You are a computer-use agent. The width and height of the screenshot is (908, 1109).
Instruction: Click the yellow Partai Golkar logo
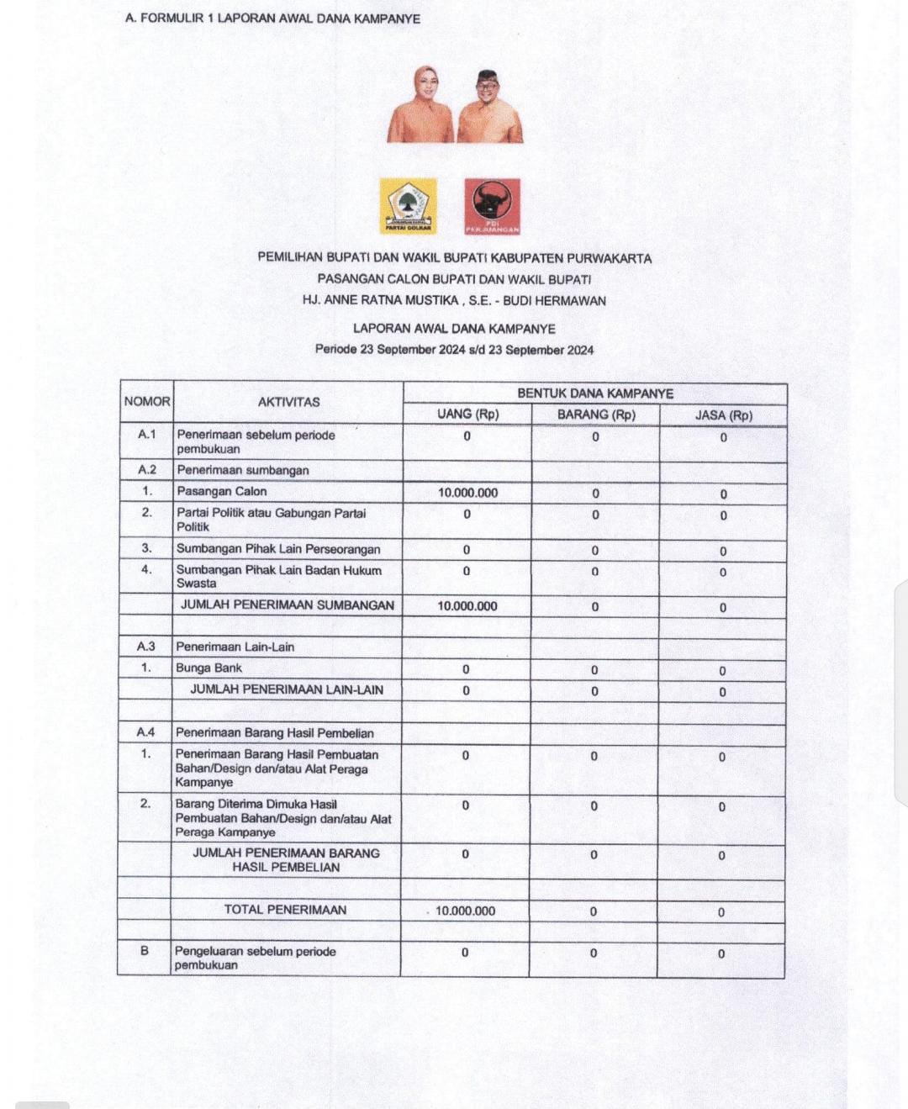pyautogui.click(x=408, y=205)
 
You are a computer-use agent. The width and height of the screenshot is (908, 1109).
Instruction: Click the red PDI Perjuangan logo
pyautogui.click(x=493, y=205)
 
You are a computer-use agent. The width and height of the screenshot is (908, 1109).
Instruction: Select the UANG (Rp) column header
pyautogui.click(x=467, y=415)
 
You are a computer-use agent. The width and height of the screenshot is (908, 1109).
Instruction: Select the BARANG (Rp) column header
pyautogui.click(x=596, y=415)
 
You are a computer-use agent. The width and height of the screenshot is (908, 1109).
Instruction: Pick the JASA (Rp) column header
pyautogui.click(x=723, y=415)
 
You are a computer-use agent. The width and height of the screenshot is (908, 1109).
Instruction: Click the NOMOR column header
pyautogui.click(x=147, y=402)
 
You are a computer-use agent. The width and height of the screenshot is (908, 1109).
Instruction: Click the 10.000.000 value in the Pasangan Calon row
pyautogui.click(x=467, y=493)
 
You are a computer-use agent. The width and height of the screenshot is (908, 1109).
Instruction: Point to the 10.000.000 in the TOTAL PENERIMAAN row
pyautogui.click(x=465, y=911)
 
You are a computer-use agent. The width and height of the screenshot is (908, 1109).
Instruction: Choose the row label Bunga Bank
pyautogui.click(x=209, y=668)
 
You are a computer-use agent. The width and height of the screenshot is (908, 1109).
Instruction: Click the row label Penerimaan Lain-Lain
pyautogui.click(x=235, y=647)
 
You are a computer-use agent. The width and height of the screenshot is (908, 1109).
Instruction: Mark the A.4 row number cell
pyautogui.click(x=145, y=732)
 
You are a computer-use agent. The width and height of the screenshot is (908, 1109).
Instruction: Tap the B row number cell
pyautogui.click(x=145, y=951)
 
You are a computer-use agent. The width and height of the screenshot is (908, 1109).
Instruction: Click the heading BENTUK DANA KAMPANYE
pyautogui.click(x=595, y=393)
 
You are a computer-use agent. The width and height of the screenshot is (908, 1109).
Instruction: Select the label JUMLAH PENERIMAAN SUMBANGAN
pyautogui.click(x=288, y=605)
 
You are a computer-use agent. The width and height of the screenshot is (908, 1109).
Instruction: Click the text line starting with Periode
pyautogui.click(x=454, y=350)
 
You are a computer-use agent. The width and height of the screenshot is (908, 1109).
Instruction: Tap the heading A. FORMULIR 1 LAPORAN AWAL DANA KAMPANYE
pyautogui.click(x=272, y=18)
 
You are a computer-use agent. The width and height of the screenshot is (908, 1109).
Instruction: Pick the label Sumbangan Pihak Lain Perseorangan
pyautogui.click(x=278, y=549)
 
